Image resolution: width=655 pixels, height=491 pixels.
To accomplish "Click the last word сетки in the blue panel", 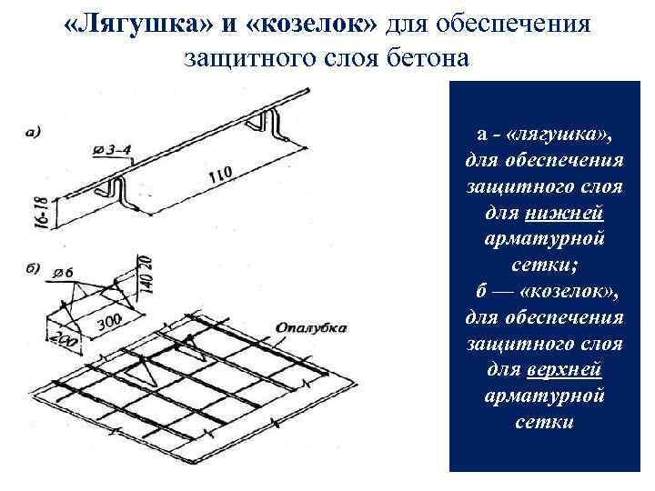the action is tap(543, 422).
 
